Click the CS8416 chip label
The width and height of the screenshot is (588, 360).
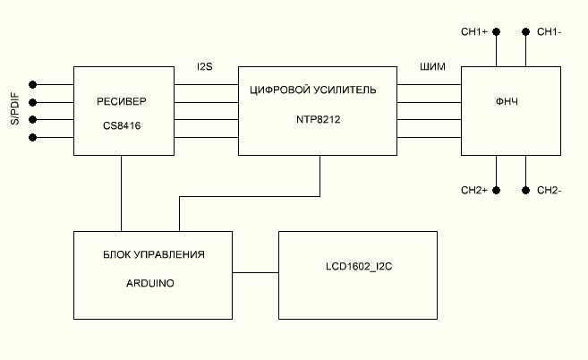coord(122,126)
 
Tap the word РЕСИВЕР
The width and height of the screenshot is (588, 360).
coord(122,100)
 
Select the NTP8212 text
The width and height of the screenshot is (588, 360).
coord(320,117)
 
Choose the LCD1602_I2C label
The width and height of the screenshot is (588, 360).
coord(359,267)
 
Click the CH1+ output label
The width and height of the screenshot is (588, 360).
coord(473,32)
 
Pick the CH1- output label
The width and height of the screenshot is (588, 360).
coord(549,32)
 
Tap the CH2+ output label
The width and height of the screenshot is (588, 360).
coord(473,191)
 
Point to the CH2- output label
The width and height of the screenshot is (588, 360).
coord(549,191)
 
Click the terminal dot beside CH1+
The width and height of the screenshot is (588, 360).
coord(496,32)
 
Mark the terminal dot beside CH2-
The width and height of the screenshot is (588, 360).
coord(525,191)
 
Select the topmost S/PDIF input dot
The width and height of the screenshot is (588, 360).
coord(34,85)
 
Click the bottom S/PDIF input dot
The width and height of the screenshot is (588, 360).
coord(34,137)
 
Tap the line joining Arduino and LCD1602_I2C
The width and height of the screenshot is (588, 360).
coord(255,271)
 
